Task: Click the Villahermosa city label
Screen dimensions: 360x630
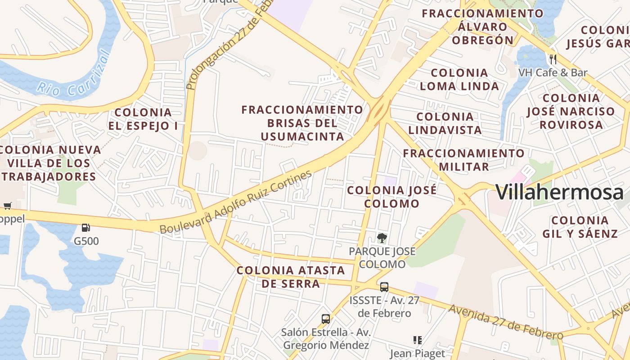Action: pos(559,193)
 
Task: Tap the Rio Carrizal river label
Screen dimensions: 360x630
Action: pos(74,76)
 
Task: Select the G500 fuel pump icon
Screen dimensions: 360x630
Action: pos(86,228)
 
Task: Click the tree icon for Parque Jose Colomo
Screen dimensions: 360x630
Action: pos(382,237)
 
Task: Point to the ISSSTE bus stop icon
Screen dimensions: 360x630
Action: pos(384,287)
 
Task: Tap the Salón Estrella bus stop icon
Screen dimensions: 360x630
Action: pos(326,319)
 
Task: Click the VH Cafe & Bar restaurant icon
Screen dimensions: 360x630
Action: pos(553,59)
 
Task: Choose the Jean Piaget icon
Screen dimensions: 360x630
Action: pos(417,340)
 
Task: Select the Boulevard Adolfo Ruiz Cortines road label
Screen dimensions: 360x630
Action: pos(236,202)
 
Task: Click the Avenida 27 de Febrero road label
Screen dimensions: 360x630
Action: pos(506,322)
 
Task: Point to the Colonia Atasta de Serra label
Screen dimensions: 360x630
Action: pos(291,277)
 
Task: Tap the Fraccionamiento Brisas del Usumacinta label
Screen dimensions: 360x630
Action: pos(302,123)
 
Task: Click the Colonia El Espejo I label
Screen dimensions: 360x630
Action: pos(143,119)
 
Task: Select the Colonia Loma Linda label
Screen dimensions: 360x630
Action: pos(459,79)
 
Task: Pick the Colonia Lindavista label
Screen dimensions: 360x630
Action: pos(445,123)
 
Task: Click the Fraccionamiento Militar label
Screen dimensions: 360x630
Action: pos(463,160)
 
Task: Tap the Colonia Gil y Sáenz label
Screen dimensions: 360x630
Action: pos(580,227)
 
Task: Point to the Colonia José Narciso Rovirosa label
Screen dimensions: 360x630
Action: pos(571,111)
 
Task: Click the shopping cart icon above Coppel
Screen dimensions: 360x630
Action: pos(7,206)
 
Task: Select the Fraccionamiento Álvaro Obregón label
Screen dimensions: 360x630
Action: pos(482,27)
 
